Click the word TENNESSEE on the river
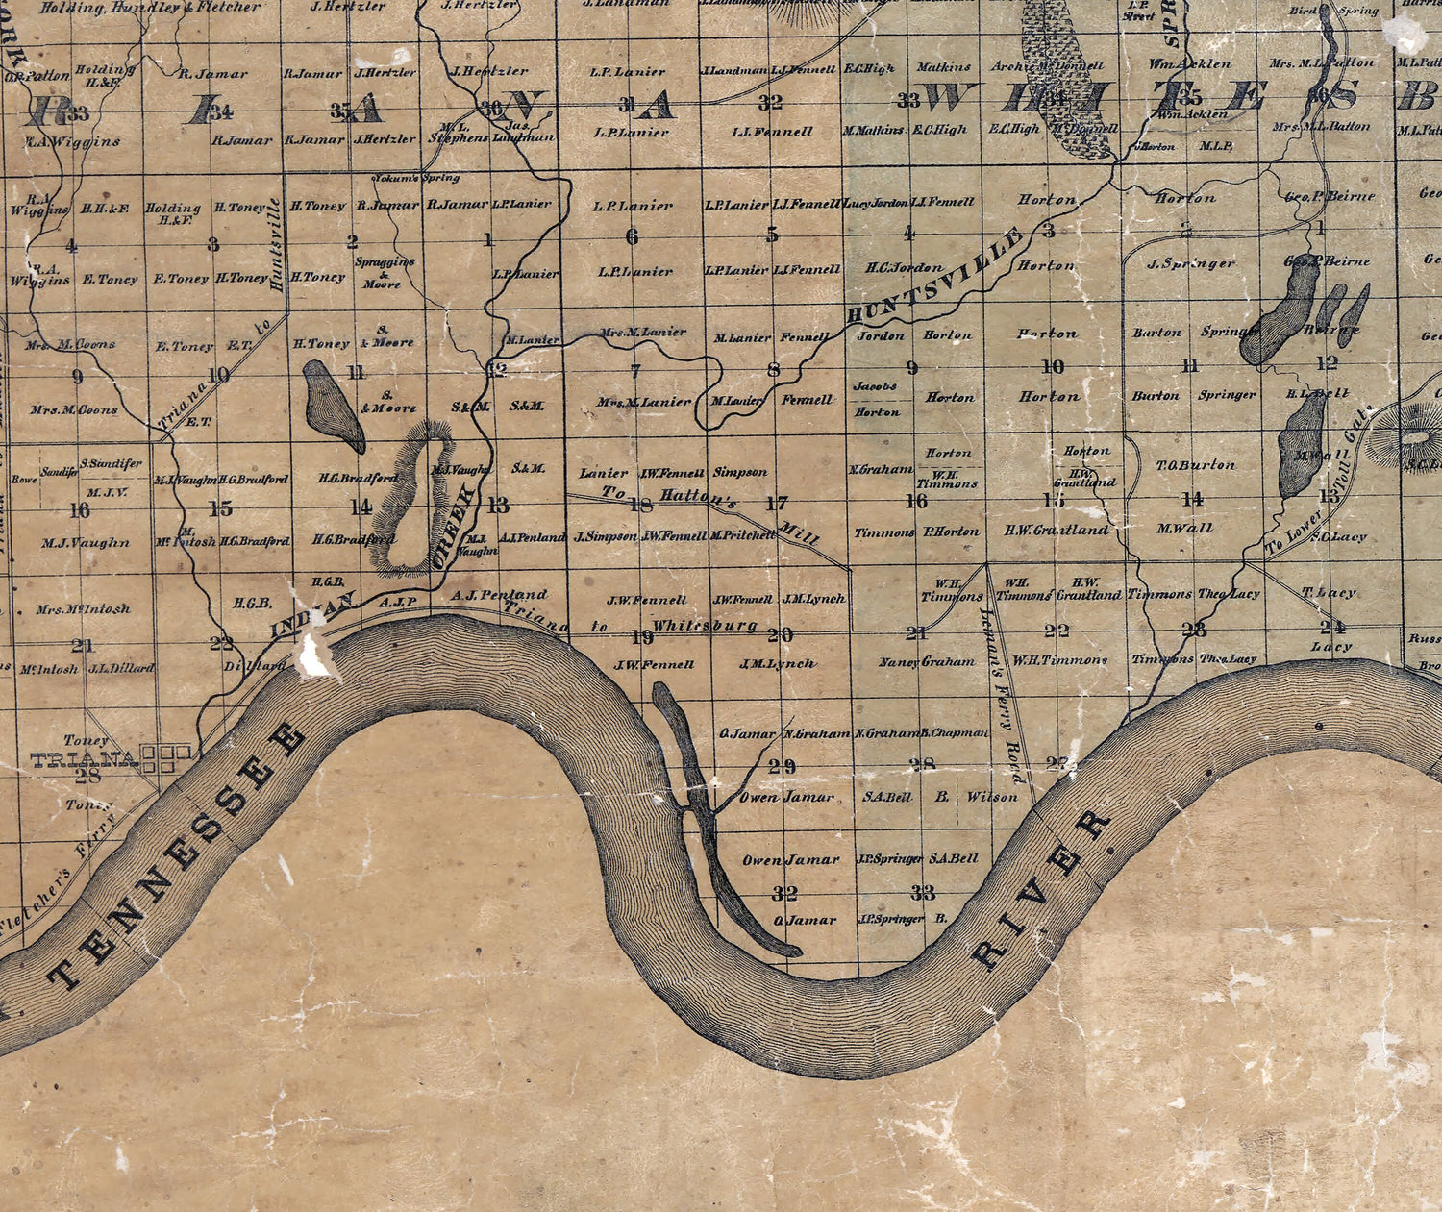click(179, 858)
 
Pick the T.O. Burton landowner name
click(1196, 465)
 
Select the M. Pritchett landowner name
click(742, 534)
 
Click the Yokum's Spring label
click(415, 178)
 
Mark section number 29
click(782, 766)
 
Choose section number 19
click(641, 635)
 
